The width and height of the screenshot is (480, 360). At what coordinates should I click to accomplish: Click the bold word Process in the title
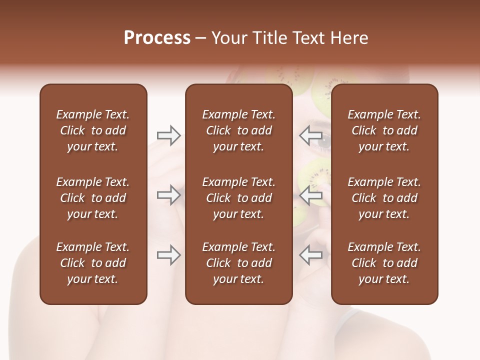pos(157,38)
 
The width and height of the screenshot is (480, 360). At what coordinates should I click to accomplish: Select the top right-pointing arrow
pos(168,135)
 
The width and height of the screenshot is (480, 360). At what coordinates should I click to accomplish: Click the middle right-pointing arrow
pos(168,195)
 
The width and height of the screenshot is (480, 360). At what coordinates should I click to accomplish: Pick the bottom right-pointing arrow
pos(168,255)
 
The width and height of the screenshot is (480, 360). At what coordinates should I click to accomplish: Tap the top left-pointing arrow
pos(311,135)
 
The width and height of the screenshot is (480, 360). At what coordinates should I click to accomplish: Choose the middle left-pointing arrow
pos(311,195)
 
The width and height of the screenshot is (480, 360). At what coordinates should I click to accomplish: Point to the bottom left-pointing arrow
pos(311,255)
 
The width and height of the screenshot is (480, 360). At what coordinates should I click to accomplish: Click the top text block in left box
pos(93,130)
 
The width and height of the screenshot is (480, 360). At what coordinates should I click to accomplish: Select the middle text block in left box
pos(93,198)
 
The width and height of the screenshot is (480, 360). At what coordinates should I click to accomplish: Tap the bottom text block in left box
pos(93,263)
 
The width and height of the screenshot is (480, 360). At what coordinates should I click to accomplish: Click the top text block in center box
pos(238,130)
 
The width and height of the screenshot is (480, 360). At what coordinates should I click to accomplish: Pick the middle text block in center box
pos(238,198)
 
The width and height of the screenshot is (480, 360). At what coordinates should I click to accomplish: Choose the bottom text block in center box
pos(238,263)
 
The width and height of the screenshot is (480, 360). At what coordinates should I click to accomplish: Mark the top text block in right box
pos(384,130)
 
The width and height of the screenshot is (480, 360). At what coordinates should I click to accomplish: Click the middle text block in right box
pos(384,198)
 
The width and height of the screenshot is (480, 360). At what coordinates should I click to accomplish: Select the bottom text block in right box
pos(384,263)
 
